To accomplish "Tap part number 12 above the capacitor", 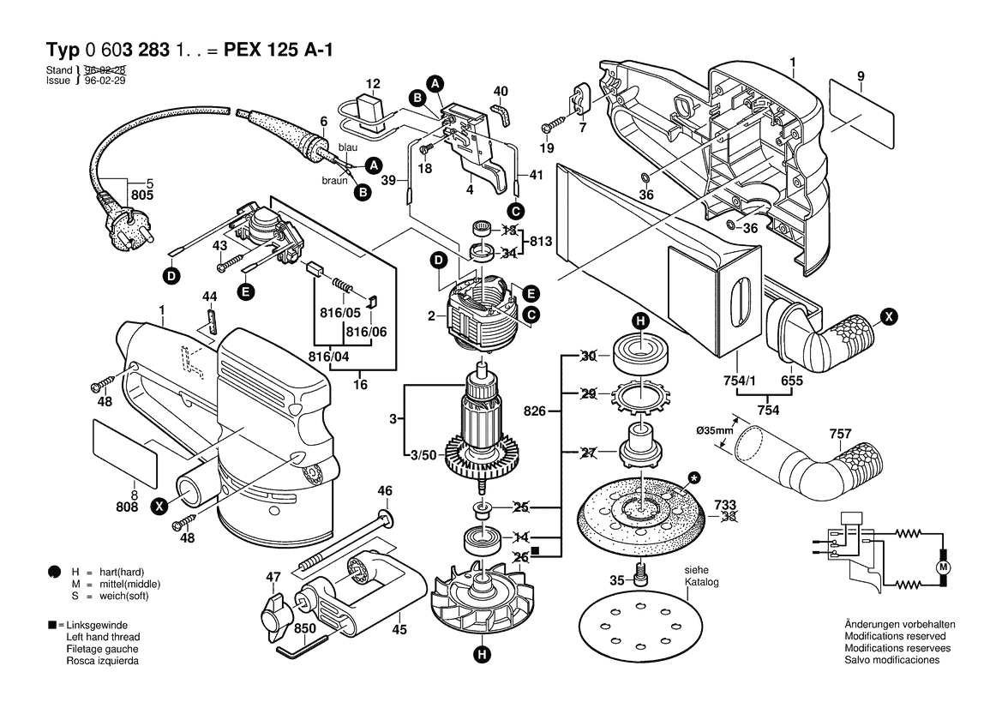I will coord(372,83).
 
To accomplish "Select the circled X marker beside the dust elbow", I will coord(890,317).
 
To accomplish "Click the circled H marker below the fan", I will coord(482,657).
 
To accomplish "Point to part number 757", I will coord(839,434).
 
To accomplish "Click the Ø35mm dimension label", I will coord(713,430).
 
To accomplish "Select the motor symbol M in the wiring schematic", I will coord(943,568).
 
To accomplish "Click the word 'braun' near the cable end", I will coord(334,181).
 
